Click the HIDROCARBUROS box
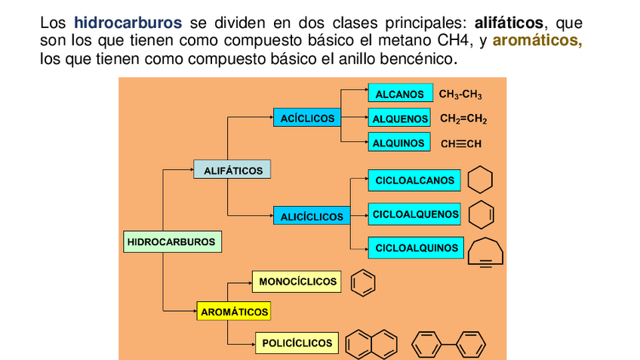pos(171,242)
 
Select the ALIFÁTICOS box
pos(232,171)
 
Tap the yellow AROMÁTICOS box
pos(234,311)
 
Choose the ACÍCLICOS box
pos(306,118)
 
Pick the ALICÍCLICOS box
pos(312,217)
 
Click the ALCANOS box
pos(400,94)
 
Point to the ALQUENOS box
pos(400,119)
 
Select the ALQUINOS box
pos(399,143)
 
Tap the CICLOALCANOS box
pos(414,180)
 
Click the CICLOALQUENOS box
pos(414,214)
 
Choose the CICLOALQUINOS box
pos(416,248)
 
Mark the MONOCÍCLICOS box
pos(297,282)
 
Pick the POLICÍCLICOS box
pos(297,343)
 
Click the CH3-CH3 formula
pos(460,95)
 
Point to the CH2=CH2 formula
pos(463,119)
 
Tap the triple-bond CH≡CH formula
pos(460,143)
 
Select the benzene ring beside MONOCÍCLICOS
pos(363,283)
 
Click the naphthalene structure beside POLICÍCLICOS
pos(371,344)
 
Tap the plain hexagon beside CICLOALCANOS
pos(481,181)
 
